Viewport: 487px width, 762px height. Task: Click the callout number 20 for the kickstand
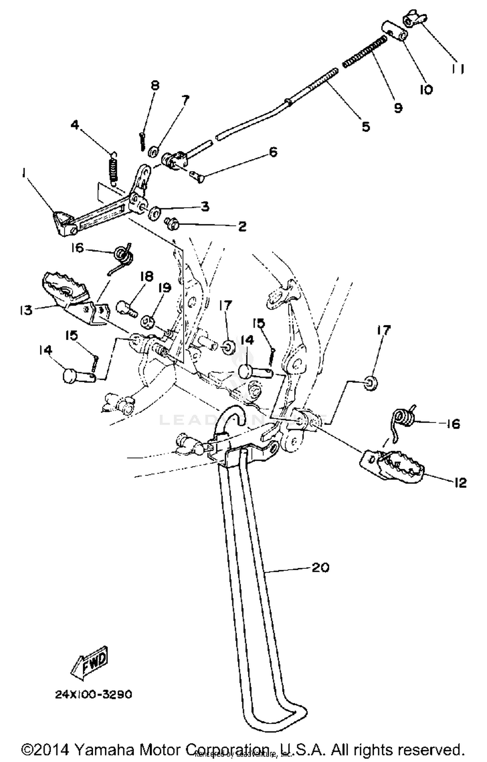[x=320, y=568]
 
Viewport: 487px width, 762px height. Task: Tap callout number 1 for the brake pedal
[x=23, y=174]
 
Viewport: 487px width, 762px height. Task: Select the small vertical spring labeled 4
[x=113, y=169]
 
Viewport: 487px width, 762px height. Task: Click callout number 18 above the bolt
[x=146, y=277]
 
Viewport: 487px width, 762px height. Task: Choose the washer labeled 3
[x=154, y=213]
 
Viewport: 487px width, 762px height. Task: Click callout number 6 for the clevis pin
[x=273, y=152]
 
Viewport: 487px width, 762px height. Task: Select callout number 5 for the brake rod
[x=366, y=127]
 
